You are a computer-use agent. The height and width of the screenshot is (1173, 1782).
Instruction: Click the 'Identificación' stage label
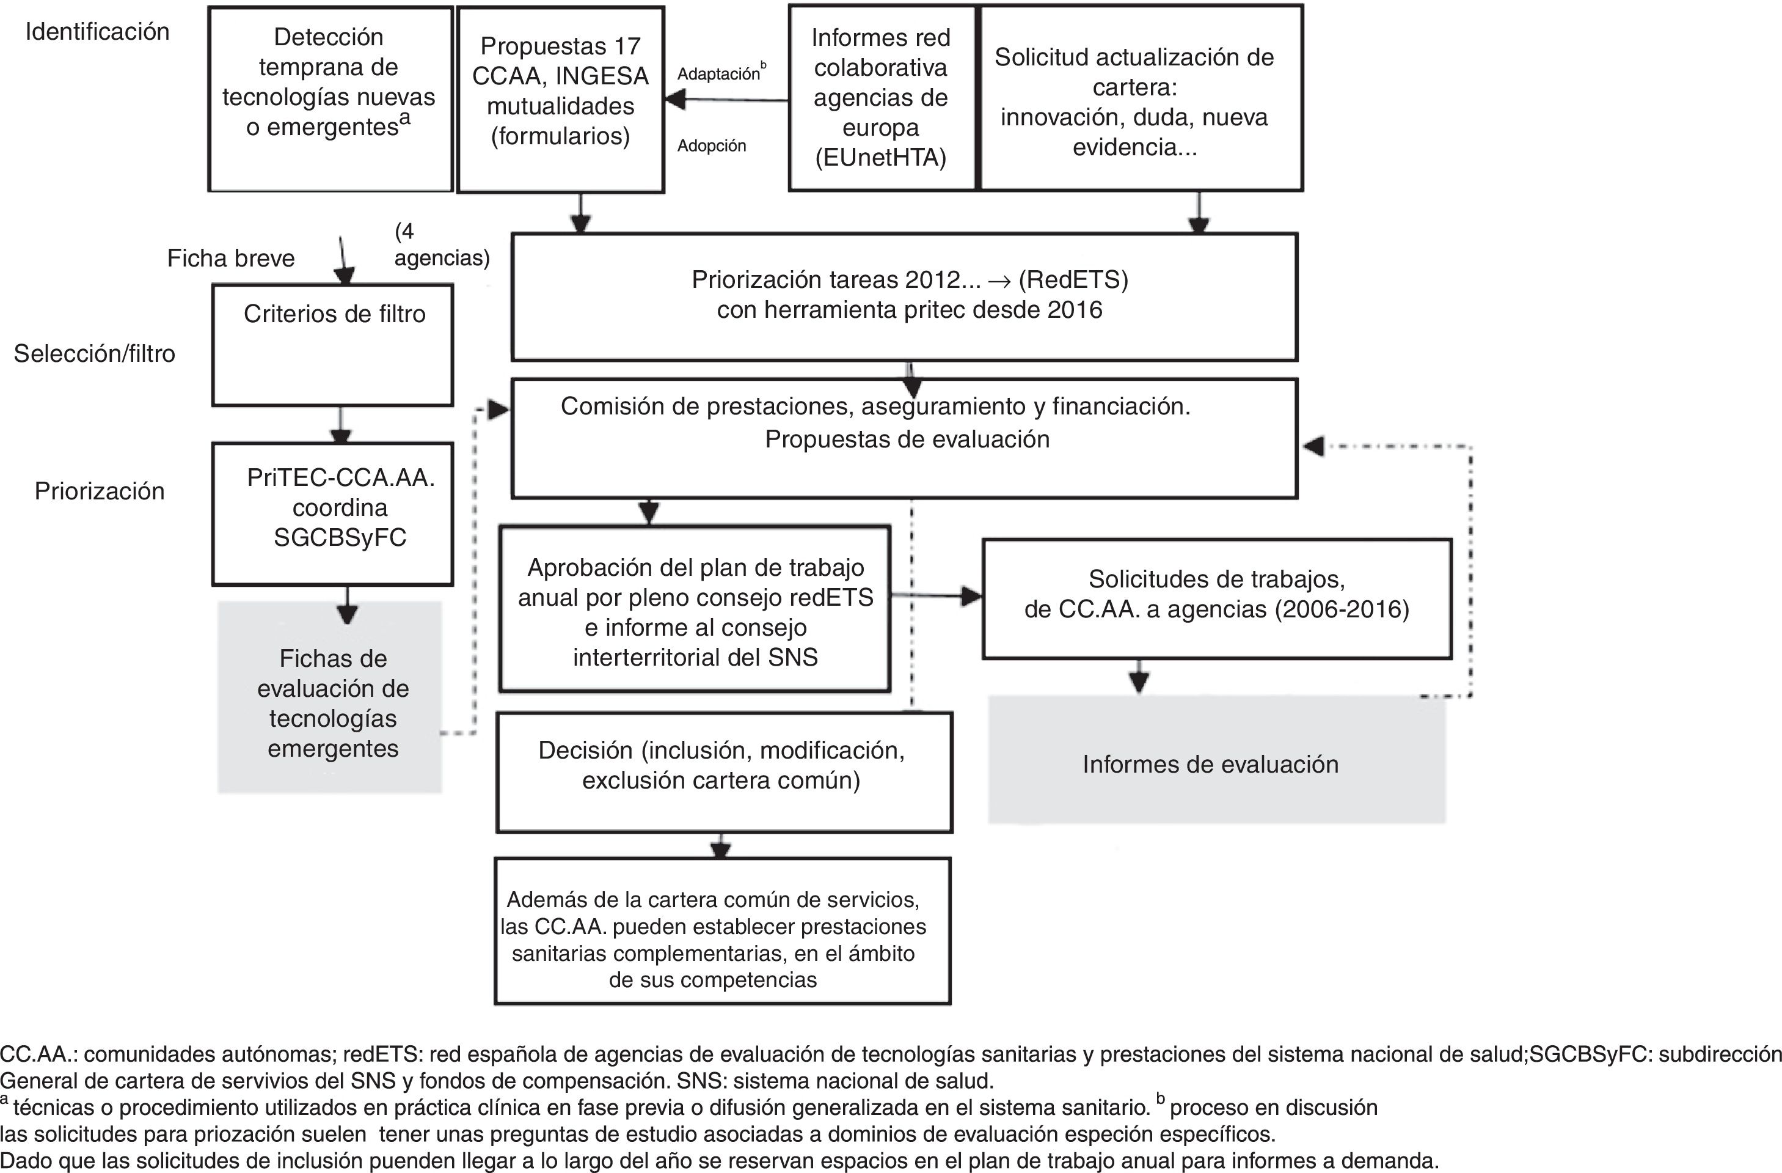tap(97, 31)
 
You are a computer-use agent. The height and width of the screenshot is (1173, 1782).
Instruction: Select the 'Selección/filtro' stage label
tap(94, 353)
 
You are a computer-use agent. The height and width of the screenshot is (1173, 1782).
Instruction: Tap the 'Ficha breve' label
tap(230, 259)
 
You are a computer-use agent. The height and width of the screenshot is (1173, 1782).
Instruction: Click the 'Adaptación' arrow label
tap(719, 73)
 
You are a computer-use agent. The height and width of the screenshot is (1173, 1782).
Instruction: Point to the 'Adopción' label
tap(711, 146)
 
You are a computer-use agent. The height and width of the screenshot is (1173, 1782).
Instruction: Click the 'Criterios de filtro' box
tap(333, 345)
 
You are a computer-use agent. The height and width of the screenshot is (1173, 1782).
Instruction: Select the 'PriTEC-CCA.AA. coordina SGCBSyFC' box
tap(333, 513)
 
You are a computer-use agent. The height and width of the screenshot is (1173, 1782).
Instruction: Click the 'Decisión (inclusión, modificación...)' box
tap(723, 771)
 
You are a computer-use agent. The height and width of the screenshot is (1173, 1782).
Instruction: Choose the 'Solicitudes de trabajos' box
tap(1217, 598)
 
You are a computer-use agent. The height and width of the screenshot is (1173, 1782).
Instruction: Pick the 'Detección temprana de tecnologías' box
tap(329, 99)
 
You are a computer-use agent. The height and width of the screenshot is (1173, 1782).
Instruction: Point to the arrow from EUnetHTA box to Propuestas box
tap(726, 100)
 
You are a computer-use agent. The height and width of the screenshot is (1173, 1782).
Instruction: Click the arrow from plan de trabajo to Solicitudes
tap(936, 596)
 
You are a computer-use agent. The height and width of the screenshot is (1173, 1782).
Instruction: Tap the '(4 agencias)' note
tap(442, 245)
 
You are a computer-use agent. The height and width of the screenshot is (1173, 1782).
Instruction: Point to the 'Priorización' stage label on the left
tap(100, 491)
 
